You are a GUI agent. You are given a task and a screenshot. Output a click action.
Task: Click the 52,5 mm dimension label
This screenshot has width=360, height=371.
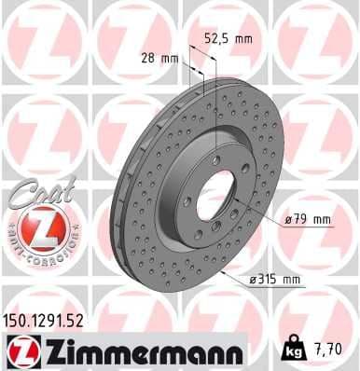click(x=228, y=39)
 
